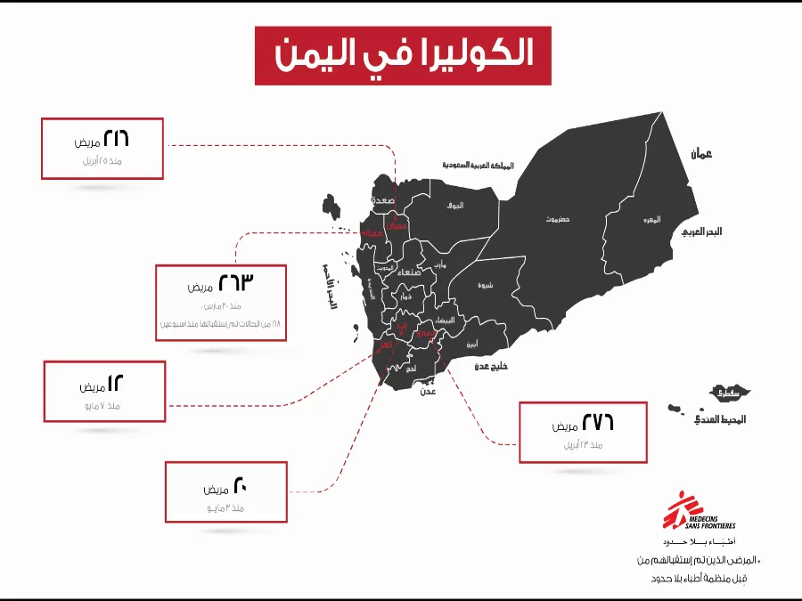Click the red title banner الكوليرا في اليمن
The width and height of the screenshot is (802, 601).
pyautogui.click(x=403, y=55)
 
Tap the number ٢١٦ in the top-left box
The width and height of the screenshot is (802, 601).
pyautogui.click(x=117, y=139)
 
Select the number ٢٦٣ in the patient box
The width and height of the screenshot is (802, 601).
pyautogui.click(x=236, y=284)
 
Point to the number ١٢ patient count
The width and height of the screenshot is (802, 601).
pyautogui.click(x=116, y=384)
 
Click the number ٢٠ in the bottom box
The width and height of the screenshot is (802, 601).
pyautogui.click(x=240, y=486)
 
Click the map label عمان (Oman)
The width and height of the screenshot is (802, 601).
pyautogui.click(x=701, y=154)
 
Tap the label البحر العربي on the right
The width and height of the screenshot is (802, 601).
pyautogui.click(x=701, y=231)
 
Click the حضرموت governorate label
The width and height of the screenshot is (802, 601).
pyautogui.click(x=558, y=219)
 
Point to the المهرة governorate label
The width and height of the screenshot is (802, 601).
pyautogui.click(x=652, y=219)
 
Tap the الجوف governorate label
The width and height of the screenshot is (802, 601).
pyautogui.click(x=455, y=206)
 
